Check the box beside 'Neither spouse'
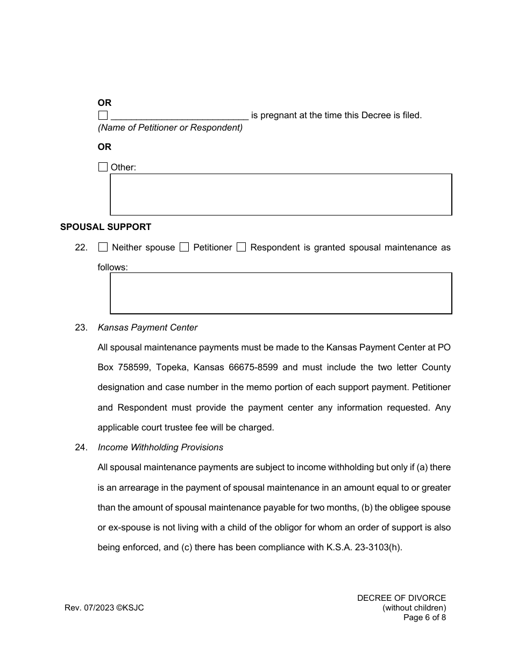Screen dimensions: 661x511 coord(103,247)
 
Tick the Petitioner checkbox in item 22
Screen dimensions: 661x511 coord(184,247)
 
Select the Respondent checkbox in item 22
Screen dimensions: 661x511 coord(241,247)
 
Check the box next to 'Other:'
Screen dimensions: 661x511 coord(103,167)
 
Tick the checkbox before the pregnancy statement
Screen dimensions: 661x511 coord(103,115)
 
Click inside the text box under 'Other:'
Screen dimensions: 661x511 coord(281,195)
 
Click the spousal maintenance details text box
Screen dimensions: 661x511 coord(281,293)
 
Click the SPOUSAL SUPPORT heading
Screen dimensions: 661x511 coord(105,227)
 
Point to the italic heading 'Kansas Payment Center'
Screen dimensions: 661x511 coord(147,327)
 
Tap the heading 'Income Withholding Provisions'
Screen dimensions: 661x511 coord(160,447)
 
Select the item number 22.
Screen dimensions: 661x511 coord(81,248)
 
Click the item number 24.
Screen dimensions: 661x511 coord(81,447)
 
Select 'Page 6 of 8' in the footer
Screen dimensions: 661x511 coord(424,617)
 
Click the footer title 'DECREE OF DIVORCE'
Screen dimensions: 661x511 coord(401,598)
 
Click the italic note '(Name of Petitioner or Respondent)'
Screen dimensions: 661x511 coord(170,127)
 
